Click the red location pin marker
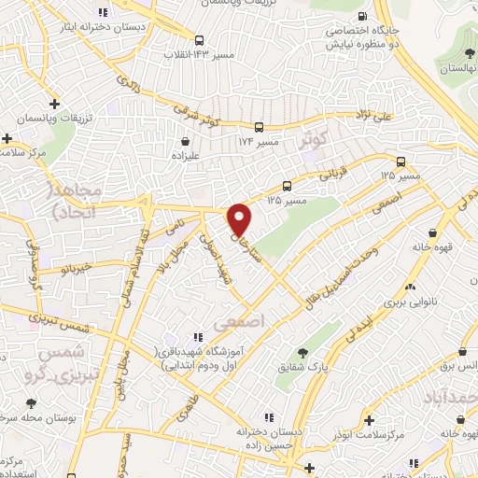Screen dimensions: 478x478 click(x=240, y=218)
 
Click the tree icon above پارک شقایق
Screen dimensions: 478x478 click(x=302, y=353)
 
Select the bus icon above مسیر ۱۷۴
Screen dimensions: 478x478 click(x=259, y=127)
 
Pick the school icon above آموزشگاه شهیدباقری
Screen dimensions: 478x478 click(x=196, y=336)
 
